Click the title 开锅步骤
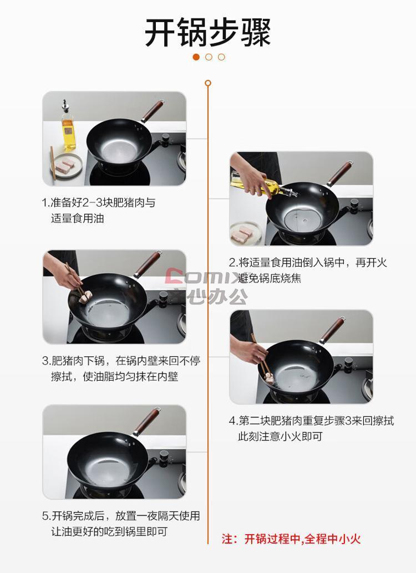(x=208, y=33)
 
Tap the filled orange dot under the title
(x=196, y=57)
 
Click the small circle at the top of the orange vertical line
(x=208, y=83)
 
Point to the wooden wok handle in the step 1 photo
(x=152, y=111)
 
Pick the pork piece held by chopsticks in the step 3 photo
(x=85, y=297)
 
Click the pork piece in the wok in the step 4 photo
(x=269, y=378)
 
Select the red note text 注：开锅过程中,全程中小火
(x=291, y=539)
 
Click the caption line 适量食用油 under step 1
(x=78, y=218)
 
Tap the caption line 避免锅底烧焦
(x=270, y=278)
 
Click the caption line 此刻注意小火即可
(x=280, y=436)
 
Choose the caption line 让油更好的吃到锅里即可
(x=109, y=531)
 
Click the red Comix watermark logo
(x=205, y=277)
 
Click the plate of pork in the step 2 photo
(x=246, y=233)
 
